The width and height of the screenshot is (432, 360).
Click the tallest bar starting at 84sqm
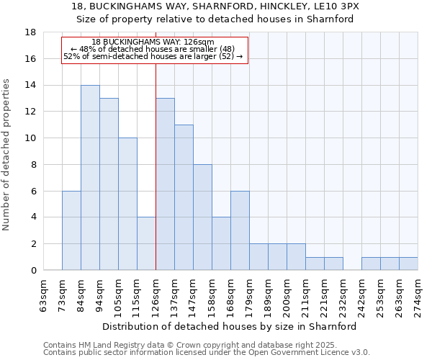[90, 178]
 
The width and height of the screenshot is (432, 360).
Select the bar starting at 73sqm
[71, 230]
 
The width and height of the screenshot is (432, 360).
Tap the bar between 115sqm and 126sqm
[146, 243]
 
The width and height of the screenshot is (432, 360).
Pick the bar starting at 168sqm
[240, 230]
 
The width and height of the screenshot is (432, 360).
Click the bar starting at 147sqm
[202, 217]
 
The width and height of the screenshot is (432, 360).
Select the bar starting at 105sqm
[127, 204]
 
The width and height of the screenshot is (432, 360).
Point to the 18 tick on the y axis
[30, 32]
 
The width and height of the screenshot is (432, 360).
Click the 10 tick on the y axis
[30, 138]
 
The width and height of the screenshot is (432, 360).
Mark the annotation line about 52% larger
[153, 56]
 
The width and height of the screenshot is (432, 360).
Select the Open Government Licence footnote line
[206, 353]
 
